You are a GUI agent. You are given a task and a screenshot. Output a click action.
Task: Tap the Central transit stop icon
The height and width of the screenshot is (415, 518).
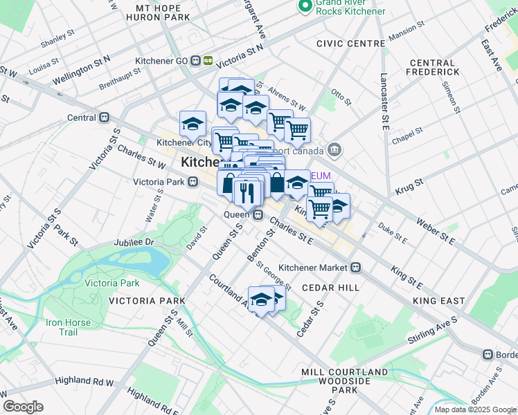coord(104,118)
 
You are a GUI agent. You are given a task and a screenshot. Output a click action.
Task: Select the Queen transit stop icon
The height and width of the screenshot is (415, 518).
coord(257,214)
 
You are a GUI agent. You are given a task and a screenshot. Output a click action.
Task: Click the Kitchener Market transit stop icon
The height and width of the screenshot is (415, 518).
coord(355,267)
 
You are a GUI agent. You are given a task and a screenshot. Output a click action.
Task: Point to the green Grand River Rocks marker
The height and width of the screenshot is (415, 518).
coord(304,6)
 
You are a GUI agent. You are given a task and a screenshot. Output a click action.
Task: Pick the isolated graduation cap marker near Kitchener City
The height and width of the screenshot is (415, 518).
coord(193,124)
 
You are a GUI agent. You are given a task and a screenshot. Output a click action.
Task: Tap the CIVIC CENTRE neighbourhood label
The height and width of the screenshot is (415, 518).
coord(350,44)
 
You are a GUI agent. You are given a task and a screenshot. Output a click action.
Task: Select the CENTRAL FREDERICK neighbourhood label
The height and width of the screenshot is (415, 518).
coord(433,67)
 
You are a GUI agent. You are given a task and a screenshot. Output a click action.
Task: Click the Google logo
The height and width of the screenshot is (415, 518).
coord(23,407)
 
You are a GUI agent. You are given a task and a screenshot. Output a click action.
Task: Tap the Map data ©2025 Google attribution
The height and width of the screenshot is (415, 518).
coord(474,409)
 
